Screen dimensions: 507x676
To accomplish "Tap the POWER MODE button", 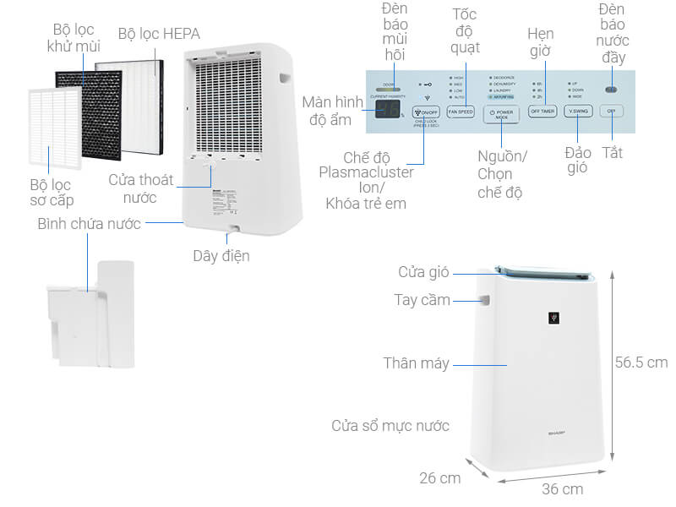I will tap(501, 113).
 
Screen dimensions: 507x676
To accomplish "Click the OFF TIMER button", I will tap(542, 112).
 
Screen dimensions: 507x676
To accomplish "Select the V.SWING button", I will tap(578, 112).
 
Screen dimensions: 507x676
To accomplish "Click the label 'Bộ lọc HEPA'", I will tap(159, 35).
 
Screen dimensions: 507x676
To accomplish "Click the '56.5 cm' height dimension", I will tap(641, 362).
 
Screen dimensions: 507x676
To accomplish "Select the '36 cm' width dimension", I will tap(562, 488).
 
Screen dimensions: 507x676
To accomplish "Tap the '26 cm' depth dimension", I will tap(439, 477).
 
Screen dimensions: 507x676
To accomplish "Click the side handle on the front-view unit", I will tap(487, 300).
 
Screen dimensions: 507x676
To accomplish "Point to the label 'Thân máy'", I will tap(416, 363).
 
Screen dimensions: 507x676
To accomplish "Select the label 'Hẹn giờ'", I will tap(540, 42).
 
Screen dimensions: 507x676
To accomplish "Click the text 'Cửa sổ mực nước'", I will tap(390, 425).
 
